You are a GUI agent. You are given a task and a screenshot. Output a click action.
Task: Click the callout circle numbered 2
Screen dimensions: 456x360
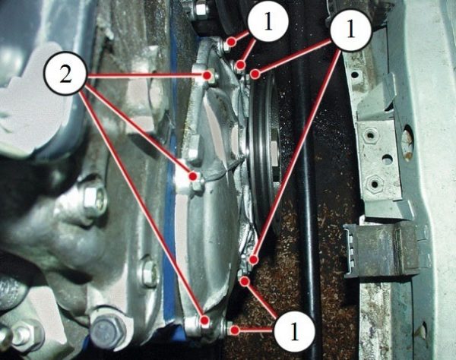(x=65, y=76)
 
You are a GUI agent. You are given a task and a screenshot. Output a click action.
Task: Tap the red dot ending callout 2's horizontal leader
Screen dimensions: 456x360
(x=207, y=75)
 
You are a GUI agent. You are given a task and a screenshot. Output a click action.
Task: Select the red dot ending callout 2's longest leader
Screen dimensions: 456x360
(x=205, y=321)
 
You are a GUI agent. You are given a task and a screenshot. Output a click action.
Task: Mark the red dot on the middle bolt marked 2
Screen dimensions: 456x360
(x=193, y=176)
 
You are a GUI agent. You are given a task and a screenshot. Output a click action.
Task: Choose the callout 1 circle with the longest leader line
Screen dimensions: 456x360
(x=351, y=30)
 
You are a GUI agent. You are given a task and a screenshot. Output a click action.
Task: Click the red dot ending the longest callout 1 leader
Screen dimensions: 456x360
(x=254, y=259)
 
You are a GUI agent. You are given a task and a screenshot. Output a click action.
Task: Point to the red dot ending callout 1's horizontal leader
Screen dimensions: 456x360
(x=235, y=330)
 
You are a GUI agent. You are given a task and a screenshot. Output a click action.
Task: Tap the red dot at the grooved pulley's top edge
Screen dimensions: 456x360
(x=255, y=74)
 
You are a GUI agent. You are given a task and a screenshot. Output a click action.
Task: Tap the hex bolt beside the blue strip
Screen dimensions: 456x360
(x=150, y=273)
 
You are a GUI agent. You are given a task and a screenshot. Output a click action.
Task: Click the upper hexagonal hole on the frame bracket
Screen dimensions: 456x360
(x=370, y=134)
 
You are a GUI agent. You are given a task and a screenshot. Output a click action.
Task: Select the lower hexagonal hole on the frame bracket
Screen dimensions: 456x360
(x=374, y=183)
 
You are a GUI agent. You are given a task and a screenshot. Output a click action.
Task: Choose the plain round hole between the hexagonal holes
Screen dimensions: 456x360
(x=387, y=159)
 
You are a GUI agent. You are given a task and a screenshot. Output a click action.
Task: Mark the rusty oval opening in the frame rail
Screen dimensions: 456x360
(x=407, y=143)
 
